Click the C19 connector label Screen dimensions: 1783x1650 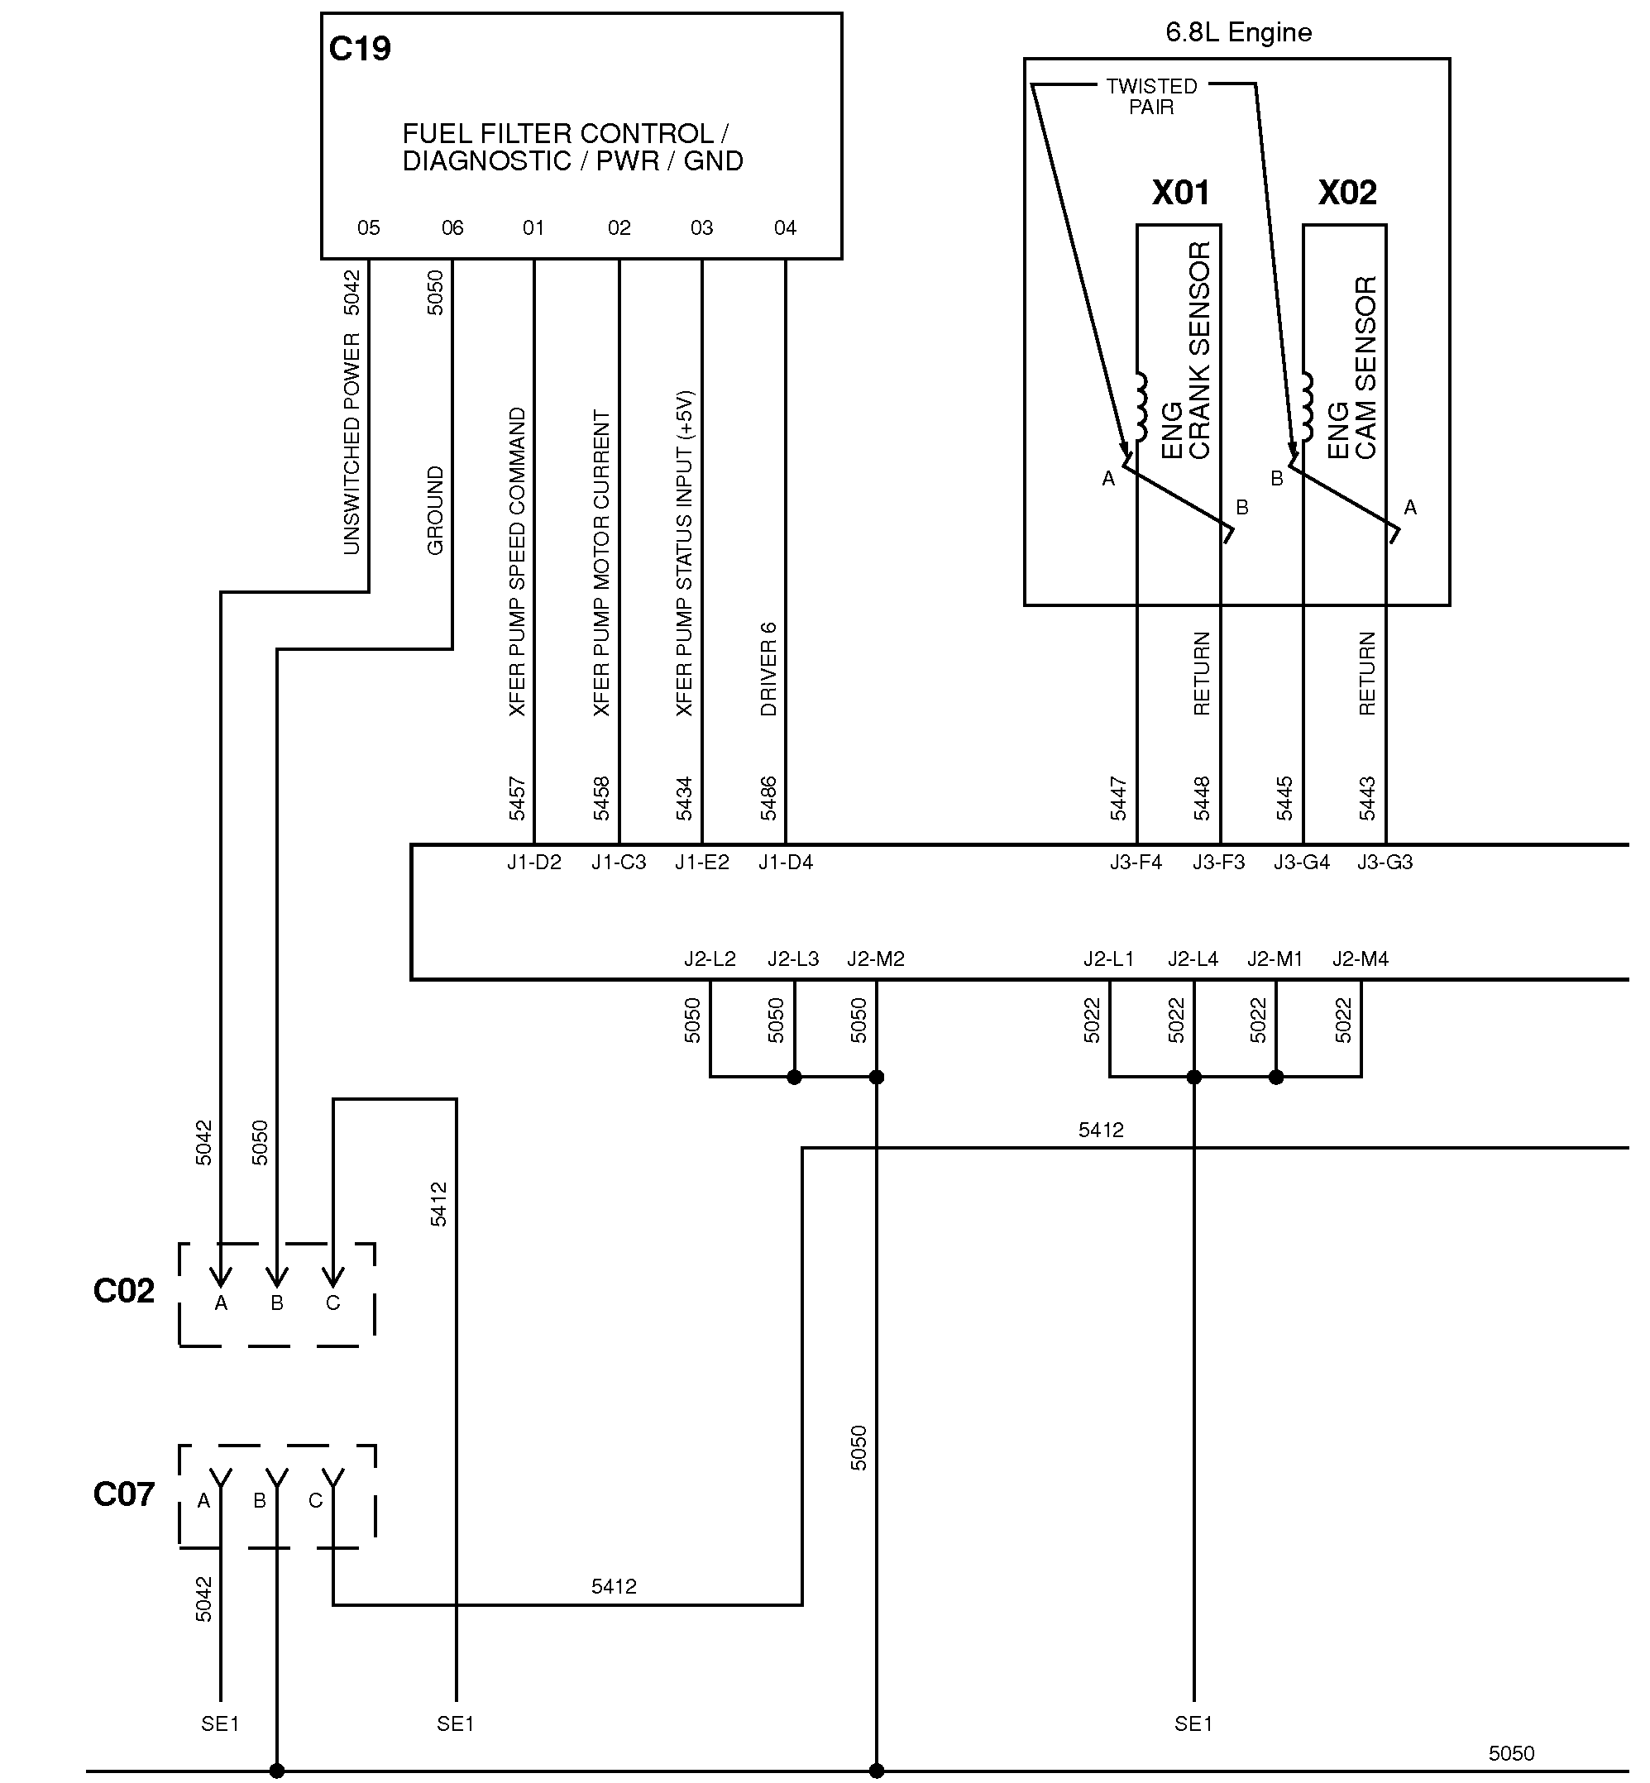coord(360,49)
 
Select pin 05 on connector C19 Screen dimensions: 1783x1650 coord(368,228)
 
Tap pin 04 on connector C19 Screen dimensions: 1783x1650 coord(785,228)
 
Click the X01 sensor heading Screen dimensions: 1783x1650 coord(1180,193)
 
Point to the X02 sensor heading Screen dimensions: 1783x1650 coord(1347,193)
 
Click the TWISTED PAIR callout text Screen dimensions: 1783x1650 coord(1152,97)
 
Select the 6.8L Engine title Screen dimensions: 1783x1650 coord(1238,33)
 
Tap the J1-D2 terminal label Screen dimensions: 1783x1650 coord(534,863)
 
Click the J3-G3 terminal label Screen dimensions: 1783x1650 coord(1385,863)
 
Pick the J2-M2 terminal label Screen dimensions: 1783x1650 coord(876,959)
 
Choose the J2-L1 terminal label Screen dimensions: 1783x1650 coord(1109,959)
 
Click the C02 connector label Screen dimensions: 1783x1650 coord(124,1291)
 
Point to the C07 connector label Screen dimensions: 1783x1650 coord(124,1494)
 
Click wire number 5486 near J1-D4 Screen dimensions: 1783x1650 coord(768,799)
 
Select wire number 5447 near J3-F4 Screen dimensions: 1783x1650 coord(1119,799)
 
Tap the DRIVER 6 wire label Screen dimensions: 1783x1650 coord(768,670)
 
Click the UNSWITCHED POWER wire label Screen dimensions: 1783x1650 coord(352,444)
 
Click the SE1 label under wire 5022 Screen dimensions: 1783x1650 coord(1193,1724)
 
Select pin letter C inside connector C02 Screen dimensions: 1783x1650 coord(333,1303)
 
